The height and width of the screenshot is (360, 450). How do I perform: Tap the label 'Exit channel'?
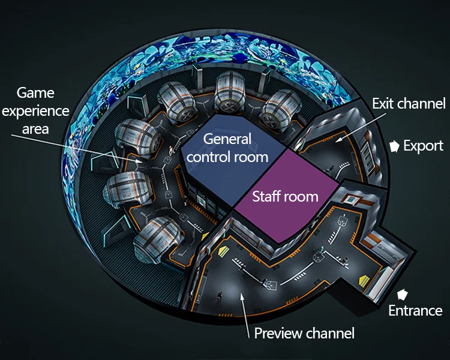409,103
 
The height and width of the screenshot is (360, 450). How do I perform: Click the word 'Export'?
423,146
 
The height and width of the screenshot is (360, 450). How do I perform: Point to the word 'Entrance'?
415,310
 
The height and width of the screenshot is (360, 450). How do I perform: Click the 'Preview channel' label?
304,333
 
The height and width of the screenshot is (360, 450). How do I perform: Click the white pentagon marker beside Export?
394,146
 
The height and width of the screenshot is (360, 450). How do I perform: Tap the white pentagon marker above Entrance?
403,294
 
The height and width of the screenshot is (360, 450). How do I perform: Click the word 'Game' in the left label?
35,93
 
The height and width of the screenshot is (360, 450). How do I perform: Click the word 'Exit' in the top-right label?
383,103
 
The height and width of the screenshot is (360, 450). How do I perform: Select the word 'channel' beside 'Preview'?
331,333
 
